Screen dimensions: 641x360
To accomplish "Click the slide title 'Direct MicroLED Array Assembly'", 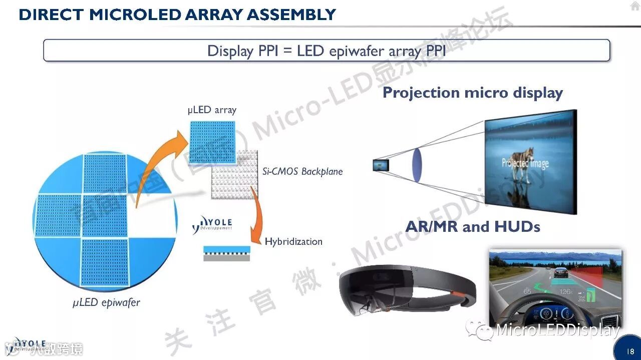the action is tap(177, 15).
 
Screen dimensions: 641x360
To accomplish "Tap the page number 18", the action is tap(630, 351).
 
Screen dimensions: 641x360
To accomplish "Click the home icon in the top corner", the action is tap(635, 7).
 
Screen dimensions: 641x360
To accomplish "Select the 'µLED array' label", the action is tap(212, 110).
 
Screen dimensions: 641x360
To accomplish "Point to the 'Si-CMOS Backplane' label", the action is tap(302, 171).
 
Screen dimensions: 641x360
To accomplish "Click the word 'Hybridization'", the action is tap(293, 241).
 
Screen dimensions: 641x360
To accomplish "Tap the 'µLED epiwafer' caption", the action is tap(106, 302).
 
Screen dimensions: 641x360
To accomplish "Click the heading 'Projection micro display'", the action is tap(472, 93).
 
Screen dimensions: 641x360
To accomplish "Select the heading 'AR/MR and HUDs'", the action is tap(473, 227).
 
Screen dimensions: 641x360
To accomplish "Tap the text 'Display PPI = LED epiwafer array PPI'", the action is tap(327, 51).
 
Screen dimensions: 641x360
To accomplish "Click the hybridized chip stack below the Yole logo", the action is tap(226, 253).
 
